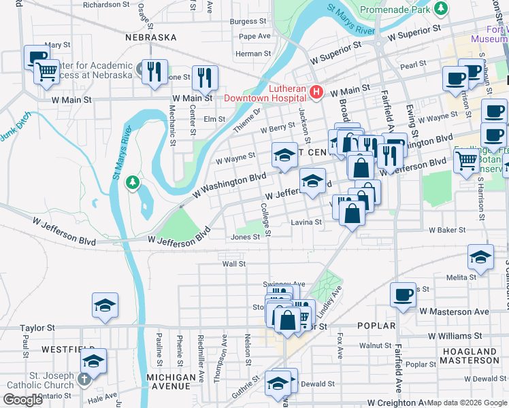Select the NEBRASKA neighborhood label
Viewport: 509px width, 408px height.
151,37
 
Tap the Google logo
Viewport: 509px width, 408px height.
22,400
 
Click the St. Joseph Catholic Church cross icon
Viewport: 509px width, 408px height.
84,378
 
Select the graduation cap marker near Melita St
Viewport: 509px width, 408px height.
480,258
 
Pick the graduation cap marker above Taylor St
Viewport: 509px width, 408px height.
105,305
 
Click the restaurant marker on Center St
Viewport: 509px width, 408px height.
204,78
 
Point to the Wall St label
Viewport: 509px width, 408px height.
233,263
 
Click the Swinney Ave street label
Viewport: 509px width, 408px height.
284,284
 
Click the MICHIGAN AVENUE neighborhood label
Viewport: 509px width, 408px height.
168,381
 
